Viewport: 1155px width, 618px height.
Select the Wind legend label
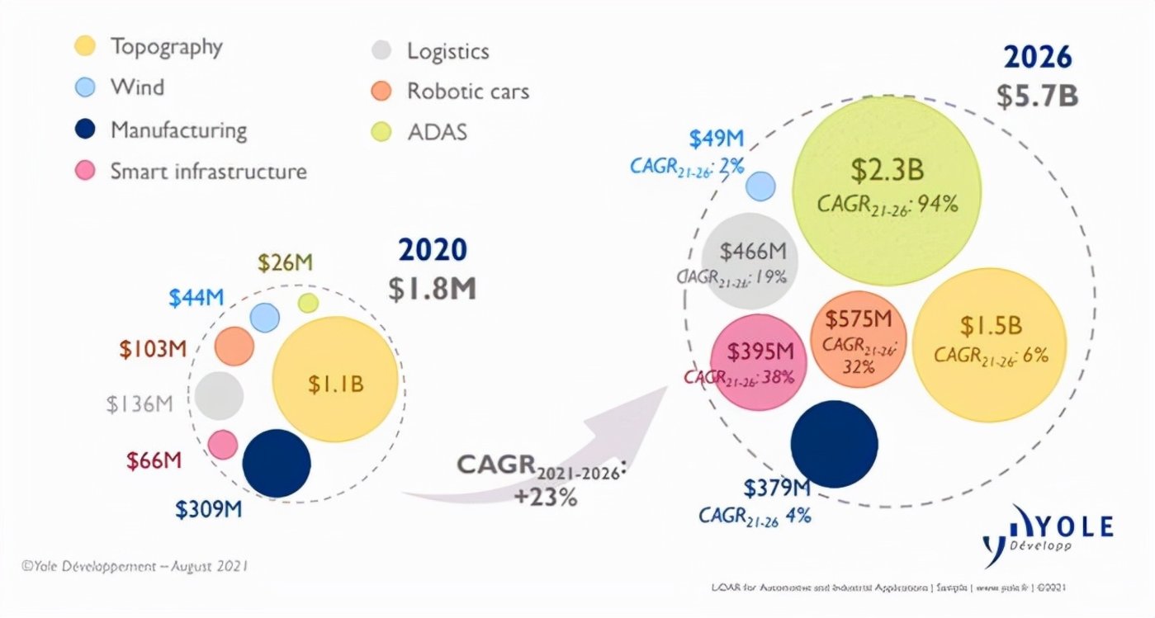click(x=137, y=87)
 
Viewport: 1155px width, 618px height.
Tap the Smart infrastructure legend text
click(x=208, y=171)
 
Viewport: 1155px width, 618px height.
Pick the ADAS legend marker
click(x=381, y=131)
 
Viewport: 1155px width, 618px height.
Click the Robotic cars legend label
click(x=467, y=91)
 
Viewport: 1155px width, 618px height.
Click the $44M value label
click(x=196, y=298)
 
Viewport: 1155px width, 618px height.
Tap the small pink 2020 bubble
click(x=223, y=445)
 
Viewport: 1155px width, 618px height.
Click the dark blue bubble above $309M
click(x=277, y=463)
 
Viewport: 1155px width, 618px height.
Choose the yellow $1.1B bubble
click(x=335, y=384)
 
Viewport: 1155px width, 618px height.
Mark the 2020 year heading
click(x=432, y=250)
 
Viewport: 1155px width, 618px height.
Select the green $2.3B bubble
click(x=887, y=189)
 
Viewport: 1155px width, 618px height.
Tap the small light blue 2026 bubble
click(x=760, y=186)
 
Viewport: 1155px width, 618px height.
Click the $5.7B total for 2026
click(x=1037, y=96)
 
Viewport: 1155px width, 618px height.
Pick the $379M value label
click(x=776, y=488)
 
